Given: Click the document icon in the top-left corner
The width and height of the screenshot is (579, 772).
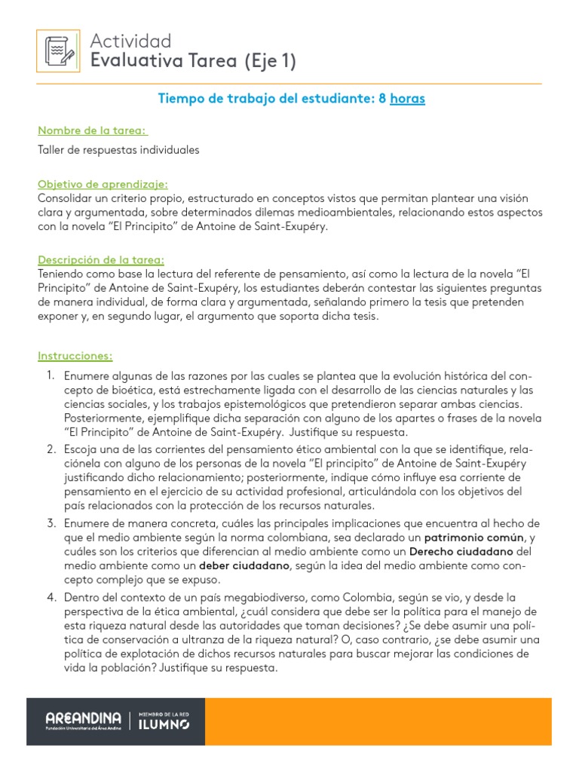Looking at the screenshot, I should click(x=58, y=53).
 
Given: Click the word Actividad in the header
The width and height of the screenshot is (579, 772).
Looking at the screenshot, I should click(x=130, y=41).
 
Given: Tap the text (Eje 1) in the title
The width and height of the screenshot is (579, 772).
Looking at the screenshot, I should click(x=270, y=62).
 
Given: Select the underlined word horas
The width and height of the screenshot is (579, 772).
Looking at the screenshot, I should click(x=407, y=99).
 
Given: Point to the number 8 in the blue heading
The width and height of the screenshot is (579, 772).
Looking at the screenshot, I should click(x=382, y=99).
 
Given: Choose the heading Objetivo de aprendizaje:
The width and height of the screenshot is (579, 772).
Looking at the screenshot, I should click(x=103, y=184).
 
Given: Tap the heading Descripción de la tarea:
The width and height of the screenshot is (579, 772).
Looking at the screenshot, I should click(x=101, y=259).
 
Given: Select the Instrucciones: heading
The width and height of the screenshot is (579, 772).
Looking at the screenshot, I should click(x=75, y=355).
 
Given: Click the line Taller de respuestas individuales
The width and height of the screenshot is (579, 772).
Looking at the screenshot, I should click(x=118, y=150).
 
